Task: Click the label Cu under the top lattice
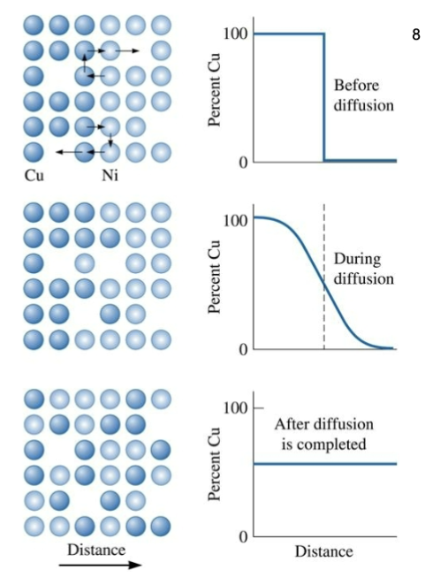pos(34,175)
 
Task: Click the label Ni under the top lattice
pos(110,175)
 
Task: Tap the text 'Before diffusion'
pos(363,95)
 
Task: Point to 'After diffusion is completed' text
pos(323,433)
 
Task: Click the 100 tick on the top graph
pos(232,34)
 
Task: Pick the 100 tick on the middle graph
pos(232,219)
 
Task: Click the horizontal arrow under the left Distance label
pos(97,566)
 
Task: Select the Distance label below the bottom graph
pos(323,552)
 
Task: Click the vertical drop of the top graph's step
pos(324,97)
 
